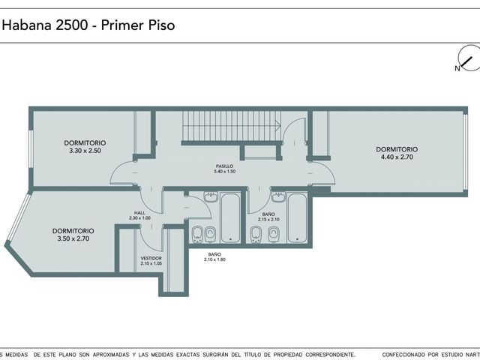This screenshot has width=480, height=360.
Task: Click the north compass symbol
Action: click(469, 58)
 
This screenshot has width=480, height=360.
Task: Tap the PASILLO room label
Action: click(224, 166)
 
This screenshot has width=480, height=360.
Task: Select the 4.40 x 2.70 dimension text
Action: click(397, 157)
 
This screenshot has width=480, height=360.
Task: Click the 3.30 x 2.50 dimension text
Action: click(85, 151)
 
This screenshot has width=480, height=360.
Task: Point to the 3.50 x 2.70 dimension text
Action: click(73, 238)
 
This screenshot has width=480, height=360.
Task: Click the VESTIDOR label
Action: click(151, 258)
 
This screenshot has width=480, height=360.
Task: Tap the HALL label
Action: click(139, 213)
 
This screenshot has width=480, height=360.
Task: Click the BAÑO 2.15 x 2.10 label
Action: click(268, 217)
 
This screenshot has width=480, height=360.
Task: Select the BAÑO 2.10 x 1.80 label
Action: click(214, 256)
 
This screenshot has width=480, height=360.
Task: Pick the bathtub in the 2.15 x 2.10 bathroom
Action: click(297, 217)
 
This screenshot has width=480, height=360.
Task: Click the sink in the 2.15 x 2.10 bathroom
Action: click(279, 197)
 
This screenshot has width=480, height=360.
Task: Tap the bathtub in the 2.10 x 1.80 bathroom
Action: click(230, 217)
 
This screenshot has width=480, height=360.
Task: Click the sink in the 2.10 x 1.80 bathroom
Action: click(211, 197)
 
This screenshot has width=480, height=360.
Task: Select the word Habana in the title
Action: click(27, 25)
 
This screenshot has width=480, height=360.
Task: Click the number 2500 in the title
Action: click(72, 25)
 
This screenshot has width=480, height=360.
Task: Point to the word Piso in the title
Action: click(162, 25)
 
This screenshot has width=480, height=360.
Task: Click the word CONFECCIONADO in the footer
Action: click(403, 355)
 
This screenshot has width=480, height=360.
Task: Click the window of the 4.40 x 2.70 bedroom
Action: click(465, 151)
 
